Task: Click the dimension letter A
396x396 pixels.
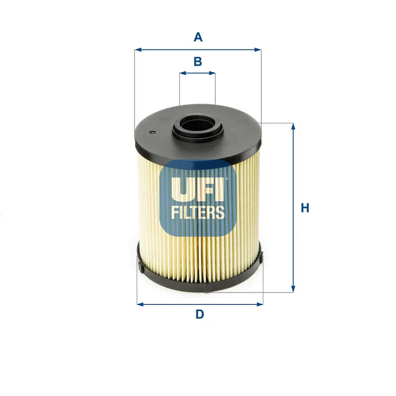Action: tap(198, 37)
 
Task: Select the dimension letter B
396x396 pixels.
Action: tap(198, 61)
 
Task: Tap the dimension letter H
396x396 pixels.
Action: tap(305, 208)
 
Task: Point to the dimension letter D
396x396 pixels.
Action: tap(199, 314)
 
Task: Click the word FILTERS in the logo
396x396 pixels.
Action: tap(198, 212)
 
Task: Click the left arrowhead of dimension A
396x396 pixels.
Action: tap(138, 49)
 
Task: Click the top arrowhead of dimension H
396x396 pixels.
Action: tap(293, 126)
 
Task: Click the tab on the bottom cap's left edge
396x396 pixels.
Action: tap(141, 268)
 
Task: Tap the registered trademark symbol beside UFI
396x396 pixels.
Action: tap(226, 179)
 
